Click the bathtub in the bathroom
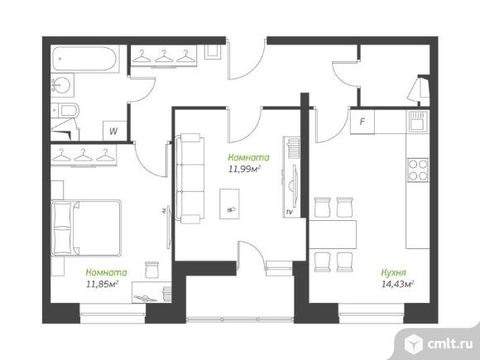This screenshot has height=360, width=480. coord(84,59)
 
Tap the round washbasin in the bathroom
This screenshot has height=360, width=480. coord(60,84)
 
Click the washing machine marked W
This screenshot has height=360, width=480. coord(114,131)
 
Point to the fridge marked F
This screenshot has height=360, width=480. coord(362,122)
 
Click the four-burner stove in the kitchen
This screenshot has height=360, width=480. coord(418,170)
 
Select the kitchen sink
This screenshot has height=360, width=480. coord(418,122)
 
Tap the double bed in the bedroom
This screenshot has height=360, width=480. coord(86,228)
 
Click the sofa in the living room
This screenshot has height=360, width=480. coord(190,178)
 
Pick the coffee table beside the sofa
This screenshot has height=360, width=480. coord(229,204)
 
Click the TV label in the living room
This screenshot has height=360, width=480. coord(289,212)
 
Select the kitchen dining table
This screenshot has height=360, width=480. coord(333,234)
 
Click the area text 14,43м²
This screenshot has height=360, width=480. coord(397,284)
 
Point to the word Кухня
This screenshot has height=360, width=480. coord(393,272)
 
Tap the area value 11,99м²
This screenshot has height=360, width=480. coord(244,169)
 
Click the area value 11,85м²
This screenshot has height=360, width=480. coord(103,284)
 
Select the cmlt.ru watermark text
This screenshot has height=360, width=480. coord(450,343)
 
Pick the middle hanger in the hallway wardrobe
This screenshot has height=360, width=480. coord(164,56)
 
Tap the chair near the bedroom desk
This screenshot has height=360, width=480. coord(152,270)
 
